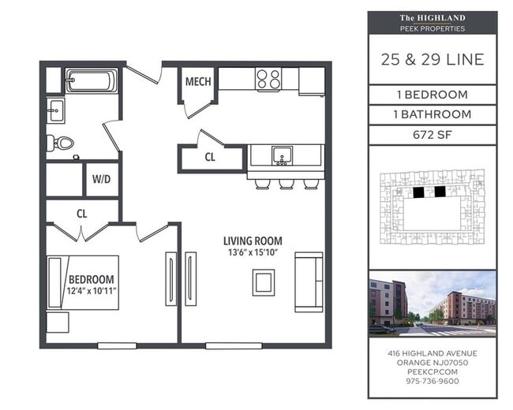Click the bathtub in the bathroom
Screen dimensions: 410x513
pos(92,80)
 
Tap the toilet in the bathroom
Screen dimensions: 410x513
pos(61,143)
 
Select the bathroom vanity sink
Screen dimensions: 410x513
pos(55,111)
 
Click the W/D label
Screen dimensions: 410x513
pos(102,179)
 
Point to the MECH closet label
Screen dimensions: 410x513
pos(197,82)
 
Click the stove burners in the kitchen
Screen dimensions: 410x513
pos(269,80)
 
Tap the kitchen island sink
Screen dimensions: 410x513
pos(281,155)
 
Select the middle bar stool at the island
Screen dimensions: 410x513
pos(286,184)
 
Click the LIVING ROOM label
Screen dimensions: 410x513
pos(253,241)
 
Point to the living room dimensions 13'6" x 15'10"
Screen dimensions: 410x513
pos(253,253)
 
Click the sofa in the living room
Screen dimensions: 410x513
pos(309,281)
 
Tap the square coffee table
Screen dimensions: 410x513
pos(264,281)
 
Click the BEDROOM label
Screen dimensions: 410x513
pos(92,279)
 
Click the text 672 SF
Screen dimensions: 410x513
pos(432,135)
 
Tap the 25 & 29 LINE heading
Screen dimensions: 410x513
pos(432,60)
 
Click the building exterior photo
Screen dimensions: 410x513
pos(432,303)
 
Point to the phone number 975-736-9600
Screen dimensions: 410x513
pos(432,381)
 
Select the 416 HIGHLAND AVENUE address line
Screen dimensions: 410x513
pos(432,352)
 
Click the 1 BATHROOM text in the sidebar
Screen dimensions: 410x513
pos(432,114)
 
